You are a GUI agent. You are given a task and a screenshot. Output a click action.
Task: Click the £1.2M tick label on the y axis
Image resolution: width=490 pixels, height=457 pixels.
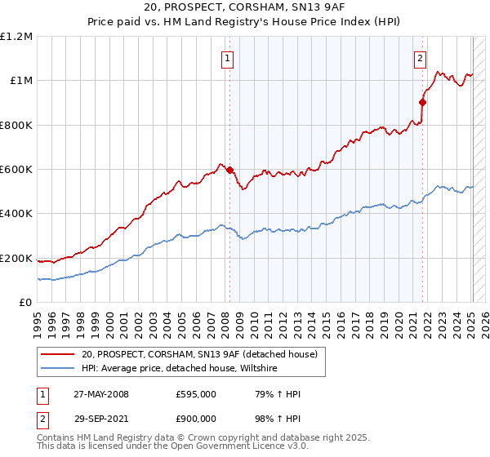[x=16, y=37]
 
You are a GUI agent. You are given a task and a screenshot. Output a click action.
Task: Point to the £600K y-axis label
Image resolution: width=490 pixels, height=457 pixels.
[x=16, y=170]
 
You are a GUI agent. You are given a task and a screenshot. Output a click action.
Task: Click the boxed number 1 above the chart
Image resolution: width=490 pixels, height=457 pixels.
[x=226, y=58]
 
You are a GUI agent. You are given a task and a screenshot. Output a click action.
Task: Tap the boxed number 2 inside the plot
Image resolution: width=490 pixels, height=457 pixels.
[x=420, y=58]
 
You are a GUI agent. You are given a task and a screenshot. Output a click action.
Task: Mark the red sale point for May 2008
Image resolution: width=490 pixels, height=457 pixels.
[x=229, y=171]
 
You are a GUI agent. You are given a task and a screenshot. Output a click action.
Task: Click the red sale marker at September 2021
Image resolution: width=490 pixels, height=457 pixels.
[x=422, y=103]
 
